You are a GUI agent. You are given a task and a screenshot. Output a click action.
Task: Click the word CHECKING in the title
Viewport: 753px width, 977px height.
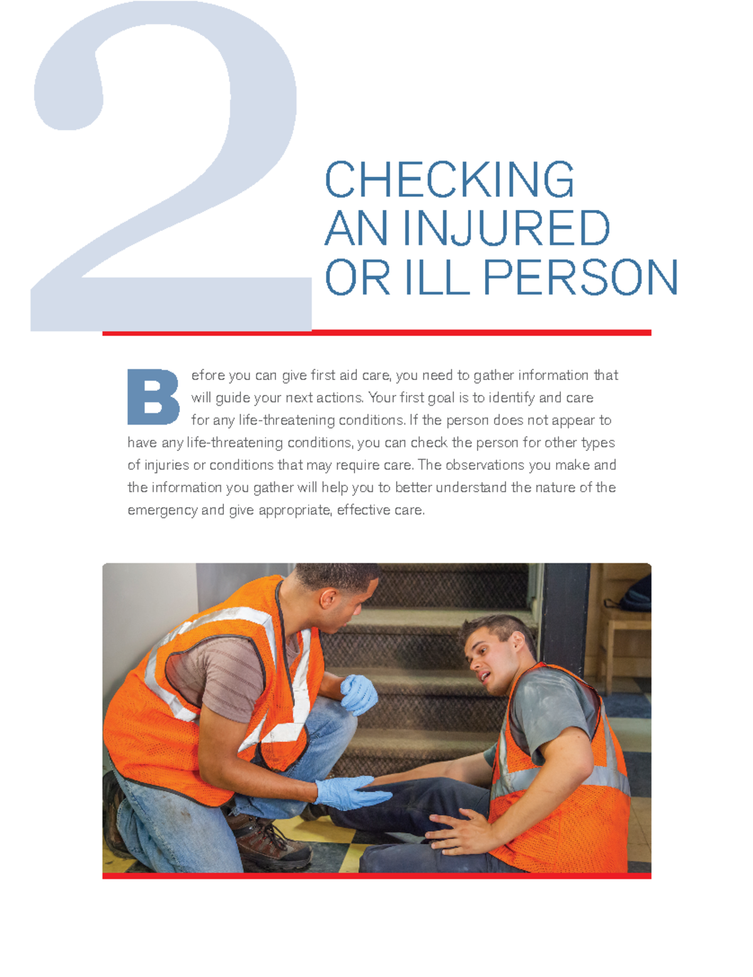(x=449, y=180)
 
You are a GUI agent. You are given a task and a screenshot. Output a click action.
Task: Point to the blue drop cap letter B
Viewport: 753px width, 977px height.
(x=153, y=397)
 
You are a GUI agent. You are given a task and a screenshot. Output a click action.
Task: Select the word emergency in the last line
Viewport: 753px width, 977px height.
(x=162, y=510)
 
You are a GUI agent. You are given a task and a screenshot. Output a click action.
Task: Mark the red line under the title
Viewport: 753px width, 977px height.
(x=376, y=333)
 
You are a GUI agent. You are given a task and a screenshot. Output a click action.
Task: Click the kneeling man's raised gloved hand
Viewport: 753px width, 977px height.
(x=358, y=694)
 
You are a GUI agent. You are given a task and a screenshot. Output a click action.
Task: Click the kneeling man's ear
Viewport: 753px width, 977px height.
(x=328, y=598)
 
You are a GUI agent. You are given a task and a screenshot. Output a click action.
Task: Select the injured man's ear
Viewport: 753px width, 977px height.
(x=518, y=641)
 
